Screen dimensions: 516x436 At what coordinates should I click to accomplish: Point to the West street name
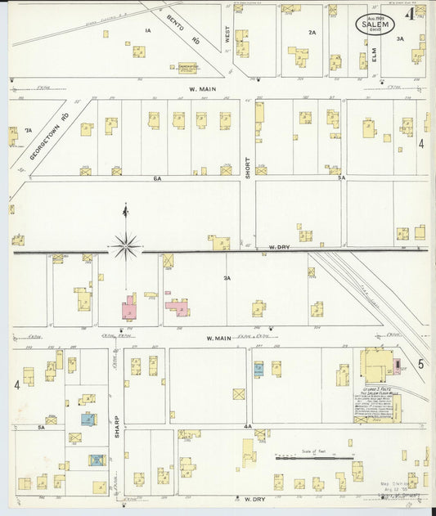pyautogui.click(x=227, y=36)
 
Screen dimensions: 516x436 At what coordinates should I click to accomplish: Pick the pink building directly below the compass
pyautogui.click(x=129, y=307)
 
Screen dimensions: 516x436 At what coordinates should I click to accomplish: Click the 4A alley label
pyautogui.click(x=247, y=426)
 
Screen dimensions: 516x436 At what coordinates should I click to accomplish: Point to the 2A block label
pyautogui.click(x=312, y=33)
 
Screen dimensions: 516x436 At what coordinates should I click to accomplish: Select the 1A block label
pyautogui.click(x=148, y=30)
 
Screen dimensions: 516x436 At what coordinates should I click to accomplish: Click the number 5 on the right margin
pyautogui.click(x=421, y=364)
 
